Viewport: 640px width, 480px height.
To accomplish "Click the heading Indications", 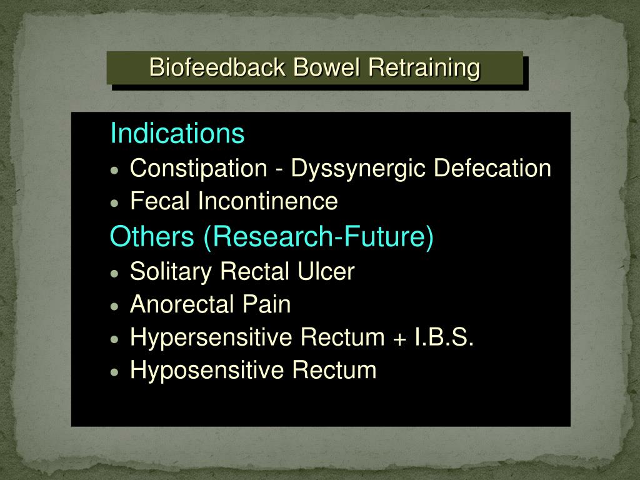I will point(177,133).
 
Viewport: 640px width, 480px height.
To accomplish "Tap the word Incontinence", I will point(268,201).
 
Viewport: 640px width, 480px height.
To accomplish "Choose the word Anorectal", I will point(180,304).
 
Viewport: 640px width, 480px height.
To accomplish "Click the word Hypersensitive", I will point(212,338).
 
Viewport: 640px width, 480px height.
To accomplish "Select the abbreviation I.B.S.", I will point(444,337).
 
